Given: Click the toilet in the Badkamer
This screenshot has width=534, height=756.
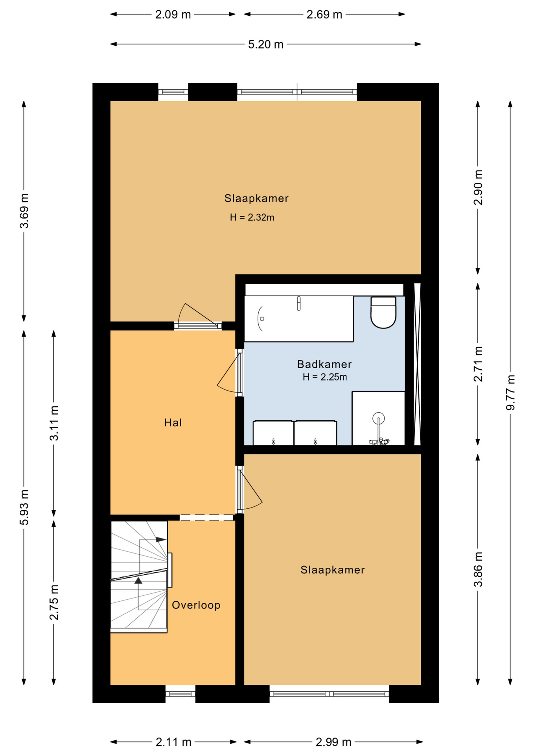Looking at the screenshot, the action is coord(383,313).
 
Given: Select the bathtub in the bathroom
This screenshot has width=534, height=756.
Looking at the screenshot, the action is coord(299,319).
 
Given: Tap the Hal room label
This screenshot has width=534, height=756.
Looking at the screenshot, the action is coord(173,423).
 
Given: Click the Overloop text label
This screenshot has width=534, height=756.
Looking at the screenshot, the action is coord(196,605).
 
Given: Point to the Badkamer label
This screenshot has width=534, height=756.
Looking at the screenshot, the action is coord(324,364).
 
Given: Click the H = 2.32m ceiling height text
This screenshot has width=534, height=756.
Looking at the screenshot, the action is coord(252,217).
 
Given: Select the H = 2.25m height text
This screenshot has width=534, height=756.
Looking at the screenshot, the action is coord(325,377).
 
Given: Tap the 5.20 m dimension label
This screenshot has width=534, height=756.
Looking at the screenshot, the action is coord(266,44).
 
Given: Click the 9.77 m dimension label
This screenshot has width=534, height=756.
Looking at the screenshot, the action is coord(510,392).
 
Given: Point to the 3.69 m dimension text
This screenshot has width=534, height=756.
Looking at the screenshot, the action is coord(24,211).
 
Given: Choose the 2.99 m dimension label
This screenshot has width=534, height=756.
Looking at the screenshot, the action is coord(333,742).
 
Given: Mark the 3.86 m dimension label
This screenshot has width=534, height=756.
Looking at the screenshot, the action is coord(478,569).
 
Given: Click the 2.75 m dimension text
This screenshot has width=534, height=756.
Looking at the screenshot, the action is coord(54,602).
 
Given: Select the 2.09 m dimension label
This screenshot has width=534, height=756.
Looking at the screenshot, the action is coord(173,15).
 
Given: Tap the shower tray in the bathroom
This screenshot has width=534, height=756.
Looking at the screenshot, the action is coord(378,418).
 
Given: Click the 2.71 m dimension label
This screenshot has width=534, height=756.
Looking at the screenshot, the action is coord(478,364).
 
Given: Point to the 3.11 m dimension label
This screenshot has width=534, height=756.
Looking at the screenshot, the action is coord(54,423).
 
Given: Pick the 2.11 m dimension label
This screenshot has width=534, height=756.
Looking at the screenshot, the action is coord(173,742).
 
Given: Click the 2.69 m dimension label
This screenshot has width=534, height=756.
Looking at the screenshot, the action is coord(324,15).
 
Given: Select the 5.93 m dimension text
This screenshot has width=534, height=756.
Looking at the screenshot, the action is coord(24,507).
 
